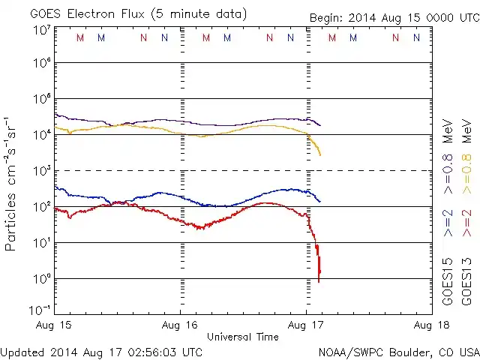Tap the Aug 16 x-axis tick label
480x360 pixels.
click(181, 325)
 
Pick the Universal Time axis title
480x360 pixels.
click(243, 337)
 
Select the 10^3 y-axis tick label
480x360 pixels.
click(41, 171)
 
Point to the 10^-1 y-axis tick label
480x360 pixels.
click(40, 310)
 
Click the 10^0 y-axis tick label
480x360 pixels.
click(41, 278)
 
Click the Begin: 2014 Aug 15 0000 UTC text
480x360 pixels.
click(393, 17)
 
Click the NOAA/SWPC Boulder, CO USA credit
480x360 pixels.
click(398, 351)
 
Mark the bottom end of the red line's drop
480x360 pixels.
click(319, 281)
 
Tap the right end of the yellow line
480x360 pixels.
click(320, 154)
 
